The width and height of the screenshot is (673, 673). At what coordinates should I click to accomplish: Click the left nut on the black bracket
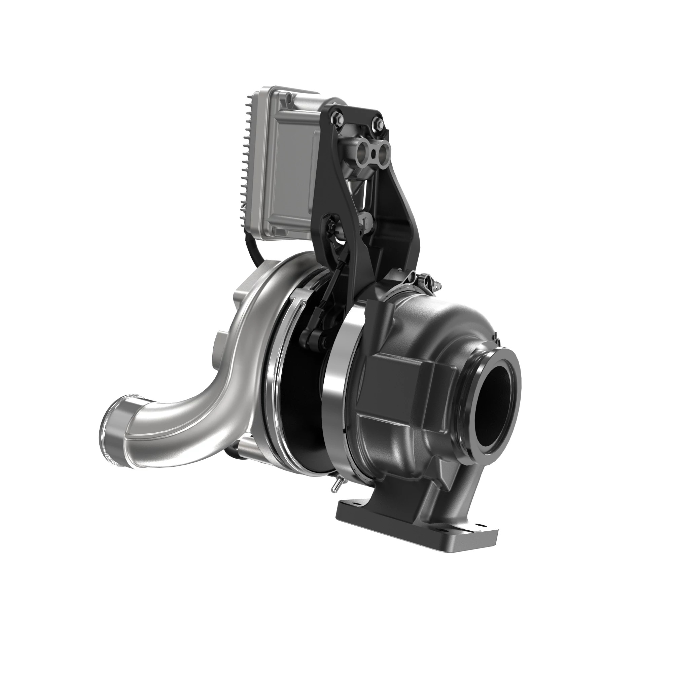337,118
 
